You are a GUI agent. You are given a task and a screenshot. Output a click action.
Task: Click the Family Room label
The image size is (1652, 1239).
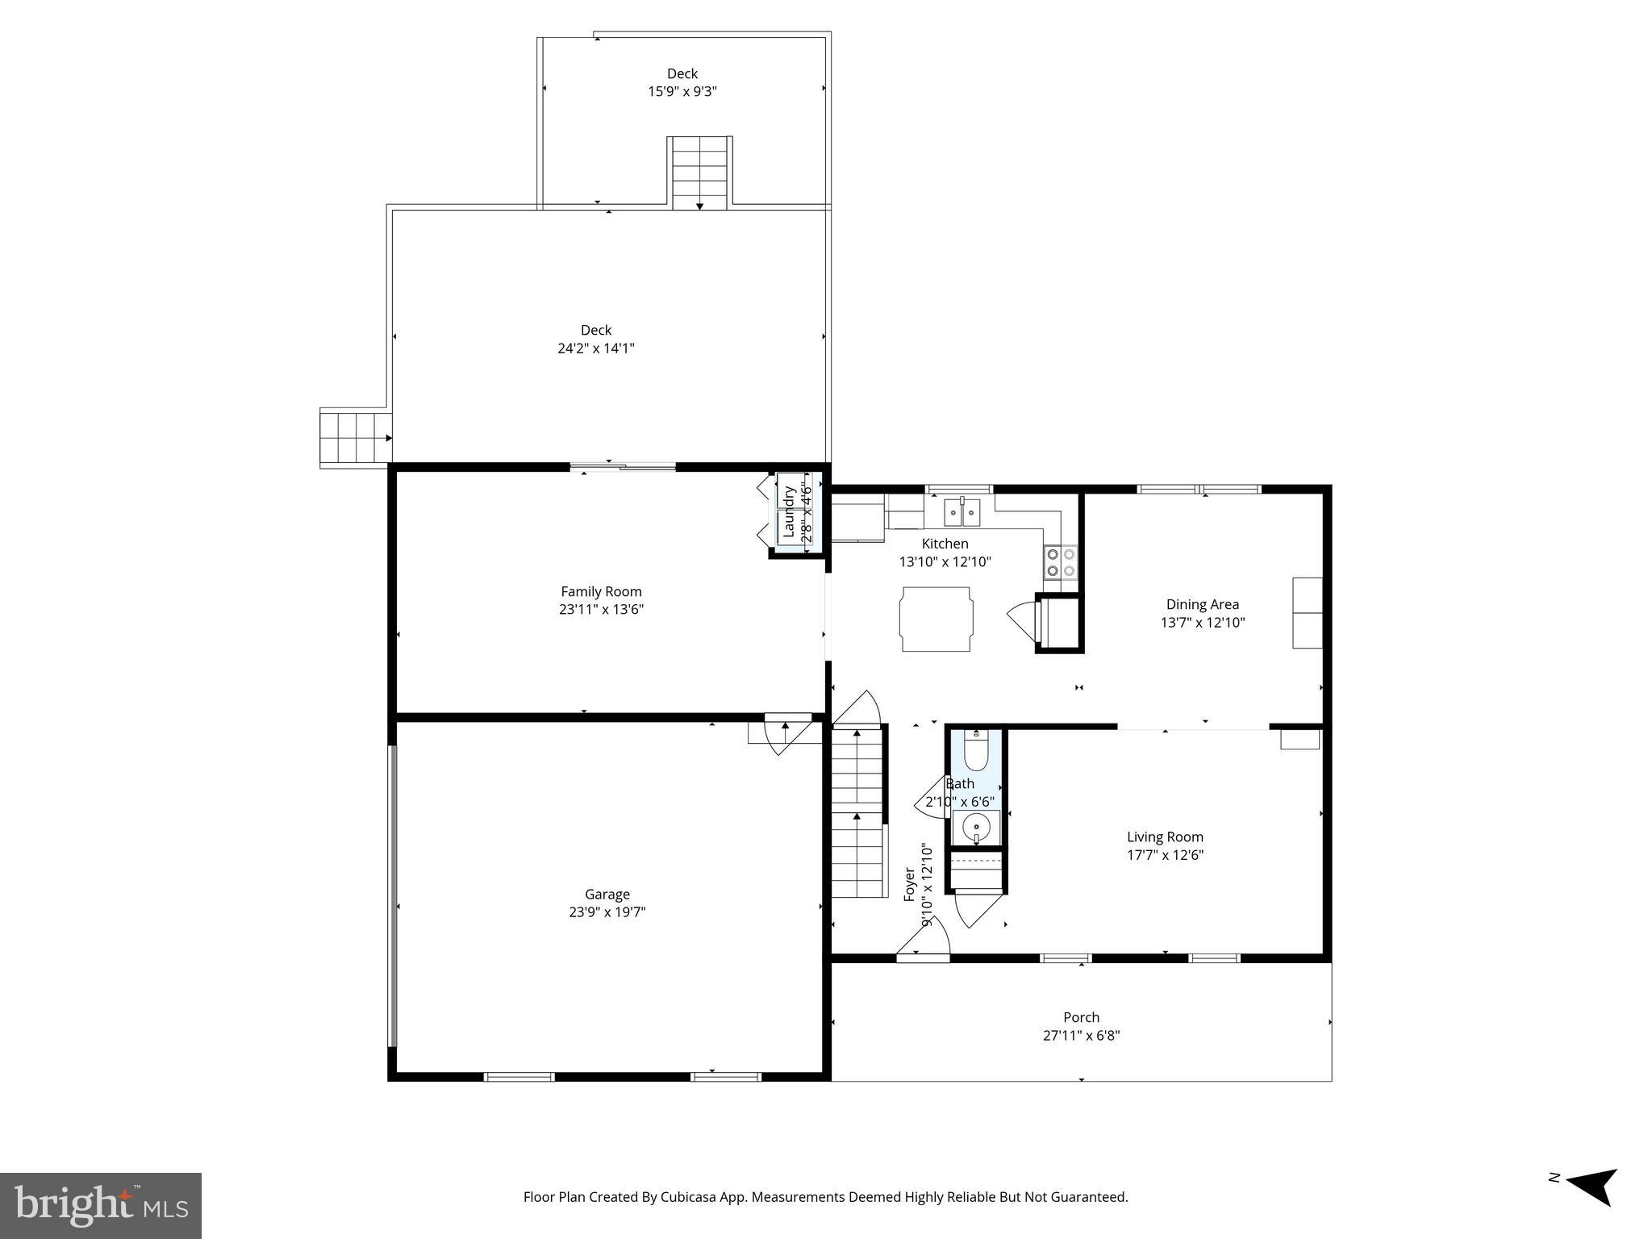pos(601,591)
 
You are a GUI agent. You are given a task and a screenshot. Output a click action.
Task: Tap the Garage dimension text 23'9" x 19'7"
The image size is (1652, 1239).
pos(607,912)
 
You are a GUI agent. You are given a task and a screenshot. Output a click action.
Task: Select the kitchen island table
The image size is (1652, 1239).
pos(936,619)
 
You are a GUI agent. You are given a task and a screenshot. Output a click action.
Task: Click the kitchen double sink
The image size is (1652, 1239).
pos(962,512)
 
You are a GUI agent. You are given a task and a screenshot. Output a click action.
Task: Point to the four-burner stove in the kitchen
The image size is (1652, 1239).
pos(1061,561)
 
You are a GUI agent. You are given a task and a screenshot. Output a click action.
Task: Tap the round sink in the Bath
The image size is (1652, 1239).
pos(976,828)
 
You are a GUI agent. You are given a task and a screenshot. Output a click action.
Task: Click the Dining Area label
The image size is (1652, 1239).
pos(1202,604)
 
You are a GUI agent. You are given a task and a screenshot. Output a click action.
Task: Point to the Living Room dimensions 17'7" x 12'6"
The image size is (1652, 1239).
pos(1165,855)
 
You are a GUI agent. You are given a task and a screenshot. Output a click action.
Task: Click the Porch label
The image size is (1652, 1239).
pos(1081,1017)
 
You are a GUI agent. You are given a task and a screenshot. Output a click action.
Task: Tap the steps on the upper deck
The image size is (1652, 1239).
pos(699,173)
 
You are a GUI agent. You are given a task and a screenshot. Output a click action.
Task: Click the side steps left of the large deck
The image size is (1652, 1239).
pos(353,437)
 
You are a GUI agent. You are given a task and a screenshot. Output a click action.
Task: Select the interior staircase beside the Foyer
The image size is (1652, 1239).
pos(857,815)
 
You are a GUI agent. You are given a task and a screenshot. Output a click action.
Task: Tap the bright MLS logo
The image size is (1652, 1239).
pos(100,1205)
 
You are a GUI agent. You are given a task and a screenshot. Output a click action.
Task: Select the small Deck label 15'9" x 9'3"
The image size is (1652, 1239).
pos(682,82)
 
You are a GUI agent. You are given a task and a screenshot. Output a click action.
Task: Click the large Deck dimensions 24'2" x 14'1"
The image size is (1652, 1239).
pos(596,348)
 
